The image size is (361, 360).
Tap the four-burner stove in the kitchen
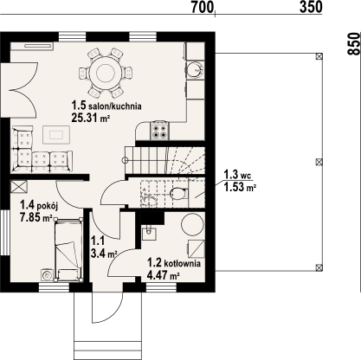[x=159, y=131]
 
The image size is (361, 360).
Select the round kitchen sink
[x=195, y=69]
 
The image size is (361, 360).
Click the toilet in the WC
[x=178, y=194]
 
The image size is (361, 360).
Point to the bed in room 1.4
[x=68, y=249]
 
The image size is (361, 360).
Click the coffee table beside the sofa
[x=56, y=134]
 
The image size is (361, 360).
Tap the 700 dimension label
[x=203, y=7]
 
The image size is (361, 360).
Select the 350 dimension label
[x=311, y=7]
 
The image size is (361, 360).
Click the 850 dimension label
[x=354, y=43]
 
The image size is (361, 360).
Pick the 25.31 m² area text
[x=91, y=118]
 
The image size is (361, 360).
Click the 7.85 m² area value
[x=35, y=217]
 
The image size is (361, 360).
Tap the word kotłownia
[x=182, y=263]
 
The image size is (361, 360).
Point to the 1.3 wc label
[x=237, y=175]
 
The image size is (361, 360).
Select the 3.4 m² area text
[x=104, y=254]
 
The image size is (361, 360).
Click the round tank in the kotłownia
[x=192, y=224]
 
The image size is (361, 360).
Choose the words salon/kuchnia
[x=115, y=106]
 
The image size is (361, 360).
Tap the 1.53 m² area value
[x=241, y=188]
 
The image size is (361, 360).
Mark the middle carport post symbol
[x=319, y=162]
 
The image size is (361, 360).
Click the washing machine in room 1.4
[x=47, y=275]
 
